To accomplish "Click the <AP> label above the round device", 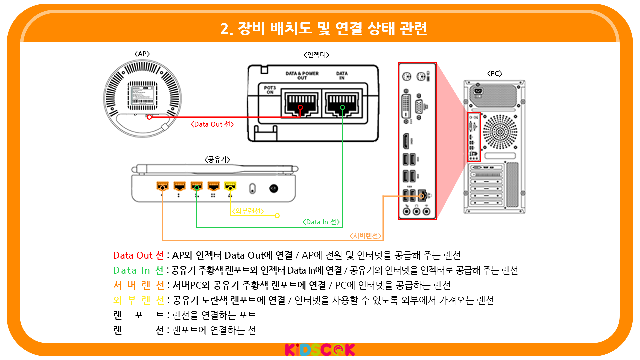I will click(142, 54).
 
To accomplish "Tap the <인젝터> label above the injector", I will click(316, 55).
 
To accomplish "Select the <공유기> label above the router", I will click(217, 159).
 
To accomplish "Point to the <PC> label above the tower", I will click(495, 73).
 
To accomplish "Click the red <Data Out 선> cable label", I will click(212, 124).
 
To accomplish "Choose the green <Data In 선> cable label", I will click(321, 222).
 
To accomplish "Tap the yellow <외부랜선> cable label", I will click(248, 211).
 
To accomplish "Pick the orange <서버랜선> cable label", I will click(365, 236).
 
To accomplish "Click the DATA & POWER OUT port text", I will click(302, 75).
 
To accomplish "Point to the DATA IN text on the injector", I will click(342, 75).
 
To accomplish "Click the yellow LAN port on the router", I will click(230, 185).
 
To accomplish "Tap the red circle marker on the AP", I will click(149, 117).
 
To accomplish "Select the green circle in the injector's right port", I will click(342, 107).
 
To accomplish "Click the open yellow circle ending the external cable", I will click(277, 216).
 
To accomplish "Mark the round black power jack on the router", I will click(274, 189).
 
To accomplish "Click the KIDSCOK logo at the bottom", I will click(320, 350).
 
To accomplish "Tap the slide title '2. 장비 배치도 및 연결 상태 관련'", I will click(323, 29).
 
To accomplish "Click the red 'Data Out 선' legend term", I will click(138, 255).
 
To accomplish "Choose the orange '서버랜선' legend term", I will click(138, 285).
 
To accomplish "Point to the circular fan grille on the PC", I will click(500, 132).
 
